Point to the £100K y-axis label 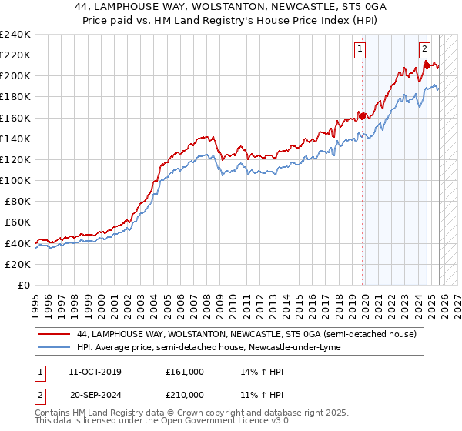[x=15, y=180]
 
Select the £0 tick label [x=23, y=285]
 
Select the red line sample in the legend [x=55, y=334]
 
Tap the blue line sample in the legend [x=55, y=348]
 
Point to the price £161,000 [x=185, y=372]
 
